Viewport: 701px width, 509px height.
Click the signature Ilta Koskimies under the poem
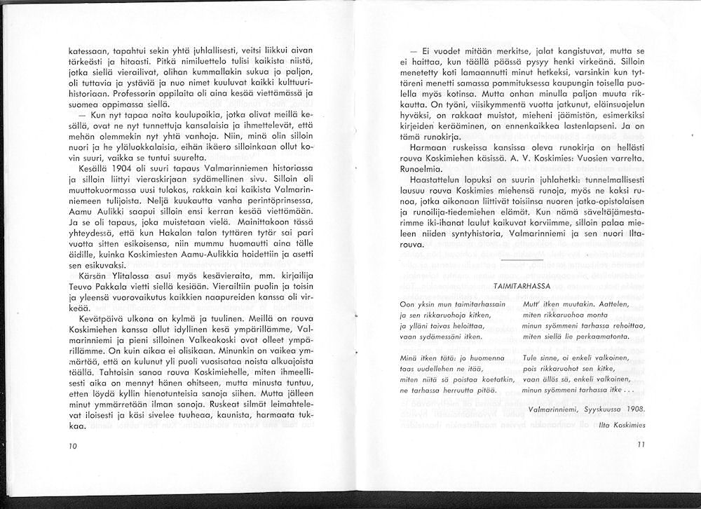[x=617, y=423]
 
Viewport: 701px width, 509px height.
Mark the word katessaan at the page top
[x=88, y=50]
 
